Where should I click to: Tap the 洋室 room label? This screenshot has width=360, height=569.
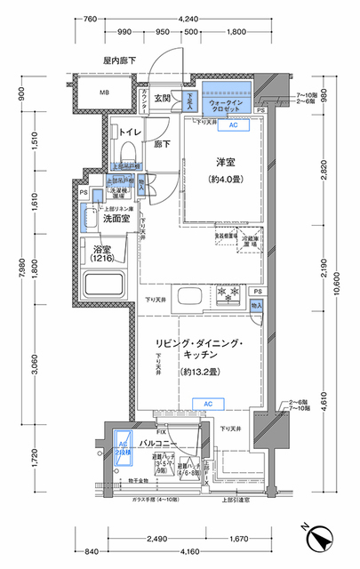226,163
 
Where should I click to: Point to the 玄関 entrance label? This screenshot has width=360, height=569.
162,99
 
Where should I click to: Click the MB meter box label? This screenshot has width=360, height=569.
103,92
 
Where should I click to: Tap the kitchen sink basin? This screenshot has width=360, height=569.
188,296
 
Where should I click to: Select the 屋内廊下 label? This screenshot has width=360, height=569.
118,60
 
